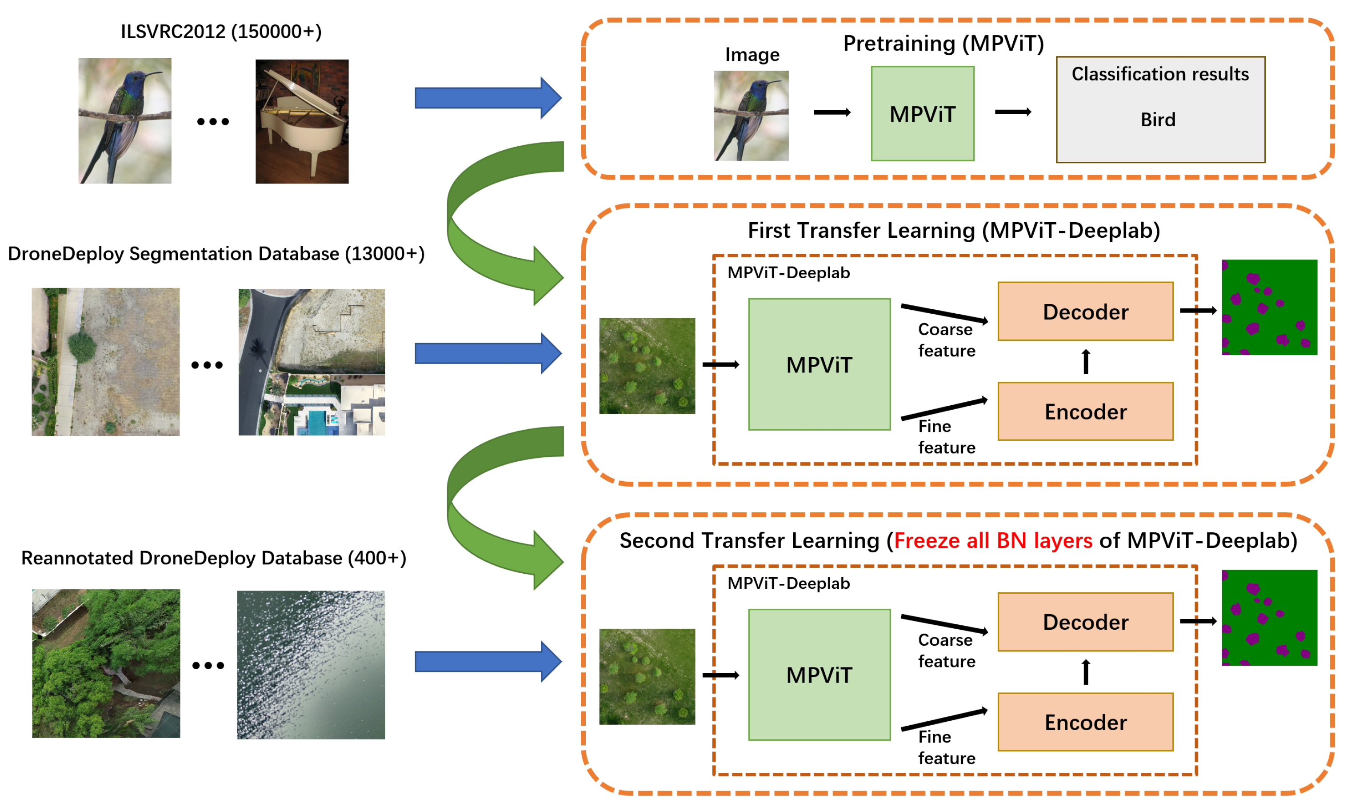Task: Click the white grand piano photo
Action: (x=302, y=121)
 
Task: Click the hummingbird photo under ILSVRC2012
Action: (x=124, y=121)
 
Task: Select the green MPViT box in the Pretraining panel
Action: (x=922, y=114)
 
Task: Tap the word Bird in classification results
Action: (x=1158, y=120)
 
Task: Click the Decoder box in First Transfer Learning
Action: (x=1085, y=312)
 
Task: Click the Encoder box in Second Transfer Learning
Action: (x=1085, y=722)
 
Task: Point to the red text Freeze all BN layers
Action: (x=992, y=540)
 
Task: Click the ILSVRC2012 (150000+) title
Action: (x=221, y=32)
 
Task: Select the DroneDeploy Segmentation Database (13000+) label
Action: (x=216, y=253)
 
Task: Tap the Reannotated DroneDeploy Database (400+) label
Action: (x=213, y=558)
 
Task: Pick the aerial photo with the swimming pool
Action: (x=312, y=362)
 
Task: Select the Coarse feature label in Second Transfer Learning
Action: (x=946, y=651)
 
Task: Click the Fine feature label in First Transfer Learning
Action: (x=946, y=437)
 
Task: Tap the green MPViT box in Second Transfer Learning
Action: (x=819, y=675)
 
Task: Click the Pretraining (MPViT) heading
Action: (x=943, y=44)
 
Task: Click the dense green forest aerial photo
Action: (x=106, y=663)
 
